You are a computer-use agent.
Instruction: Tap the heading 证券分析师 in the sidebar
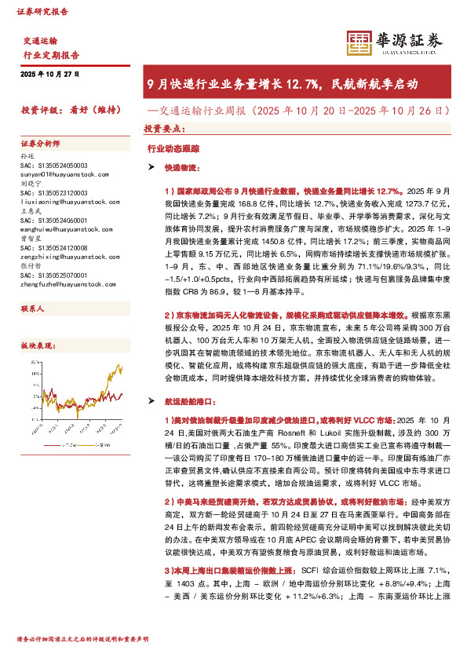coord(40,144)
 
